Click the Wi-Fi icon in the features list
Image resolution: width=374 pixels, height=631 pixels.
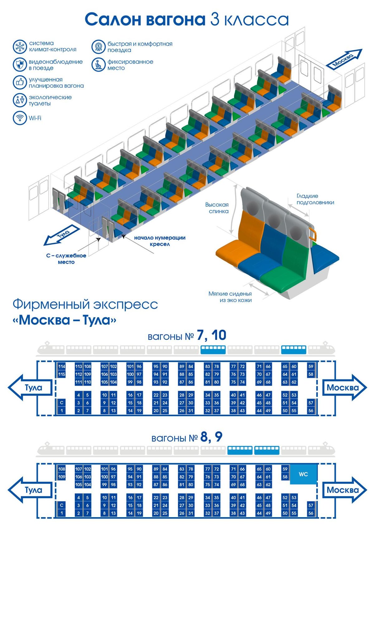20,118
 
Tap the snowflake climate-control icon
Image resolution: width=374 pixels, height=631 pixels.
20,46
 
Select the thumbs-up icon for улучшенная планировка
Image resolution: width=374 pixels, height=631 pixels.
20,82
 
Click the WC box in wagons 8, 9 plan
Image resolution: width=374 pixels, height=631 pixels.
303,474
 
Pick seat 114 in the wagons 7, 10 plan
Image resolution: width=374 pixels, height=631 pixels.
62,366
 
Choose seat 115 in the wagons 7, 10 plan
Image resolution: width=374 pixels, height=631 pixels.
62,374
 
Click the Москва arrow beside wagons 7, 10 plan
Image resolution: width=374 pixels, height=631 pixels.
343,388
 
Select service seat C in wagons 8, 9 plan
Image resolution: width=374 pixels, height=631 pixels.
62,505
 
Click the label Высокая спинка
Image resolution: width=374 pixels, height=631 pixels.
217,208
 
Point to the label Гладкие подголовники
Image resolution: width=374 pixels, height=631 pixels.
315,199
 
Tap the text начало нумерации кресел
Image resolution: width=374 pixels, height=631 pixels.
160,241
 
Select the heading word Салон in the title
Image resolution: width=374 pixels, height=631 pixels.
113,19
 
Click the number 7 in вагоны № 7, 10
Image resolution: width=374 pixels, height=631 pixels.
201,336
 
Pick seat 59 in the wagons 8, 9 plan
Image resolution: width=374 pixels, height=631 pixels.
285,469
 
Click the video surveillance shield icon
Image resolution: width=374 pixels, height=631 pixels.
20,65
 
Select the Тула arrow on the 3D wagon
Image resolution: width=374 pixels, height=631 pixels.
61,235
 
